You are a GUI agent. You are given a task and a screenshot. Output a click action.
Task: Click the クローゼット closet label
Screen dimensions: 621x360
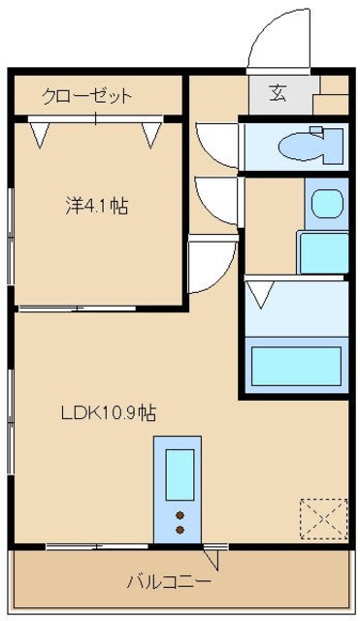pos(86,96)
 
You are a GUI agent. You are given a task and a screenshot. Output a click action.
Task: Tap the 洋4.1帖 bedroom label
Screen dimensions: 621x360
pos(97,206)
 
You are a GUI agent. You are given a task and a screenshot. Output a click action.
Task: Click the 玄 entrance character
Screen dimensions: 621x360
pos(278,94)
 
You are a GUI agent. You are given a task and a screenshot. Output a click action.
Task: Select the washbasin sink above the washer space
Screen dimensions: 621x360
pos(323,204)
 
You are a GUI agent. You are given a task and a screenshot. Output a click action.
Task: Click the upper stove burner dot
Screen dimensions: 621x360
pos(180,515)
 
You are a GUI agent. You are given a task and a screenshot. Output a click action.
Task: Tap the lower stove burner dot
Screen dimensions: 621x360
pos(180,530)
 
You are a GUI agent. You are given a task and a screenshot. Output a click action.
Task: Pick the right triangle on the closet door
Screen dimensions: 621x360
pos(150,134)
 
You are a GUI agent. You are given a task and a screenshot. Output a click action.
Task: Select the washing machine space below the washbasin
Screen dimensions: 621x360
pos(322,252)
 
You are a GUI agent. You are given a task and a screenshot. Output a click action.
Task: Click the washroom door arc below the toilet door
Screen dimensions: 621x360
pos(213,198)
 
